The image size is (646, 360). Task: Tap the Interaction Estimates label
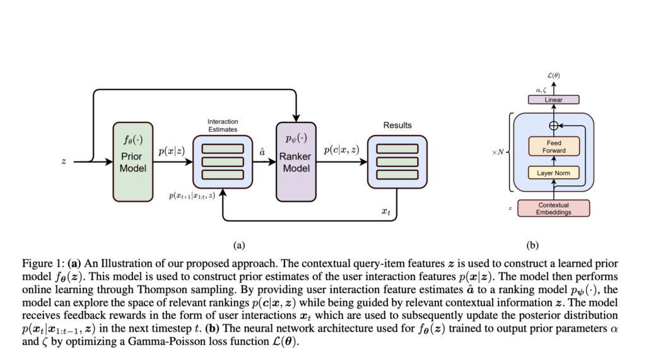pyautogui.click(x=223, y=125)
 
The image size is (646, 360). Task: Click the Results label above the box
pyautogui.click(x=397, y=125)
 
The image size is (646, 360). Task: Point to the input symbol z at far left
pyautogui.click(x=63, y=161)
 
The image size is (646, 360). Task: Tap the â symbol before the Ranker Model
pyautogui.click(x=262, y=151)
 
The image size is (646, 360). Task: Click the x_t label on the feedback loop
pyautogui.click(x=385, y=211)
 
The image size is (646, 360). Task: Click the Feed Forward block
pyautogui.click(x=553, y=146)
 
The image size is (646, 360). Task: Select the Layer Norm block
pyautogui.click(x=553, y=171)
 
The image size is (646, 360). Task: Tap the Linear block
pyautogui.click(x=553, y=100)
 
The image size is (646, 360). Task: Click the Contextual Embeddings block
pyautogui.click(x=553, y=208)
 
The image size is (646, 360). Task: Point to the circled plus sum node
pyautogui.click(x=554, y=125)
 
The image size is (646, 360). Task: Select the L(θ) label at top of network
pyautogui.click(x=553, y=76)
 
